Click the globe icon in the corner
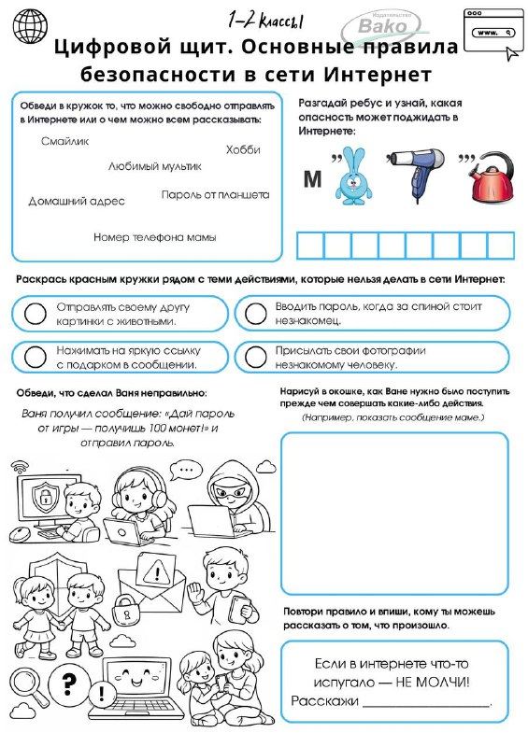pyautogui.click(x=31, y=26)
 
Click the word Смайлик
pyautogui.click(x=64, y=142)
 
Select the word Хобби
pyautogui.click(x=243, y=149)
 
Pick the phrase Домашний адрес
pyautogui.click(x=77, y=201)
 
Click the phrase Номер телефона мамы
pyautogui.click(x=155, y=237)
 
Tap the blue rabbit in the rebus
pyautogui.click(x=353, y=176)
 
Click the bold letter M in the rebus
pyautogui.click(x=312, y=179)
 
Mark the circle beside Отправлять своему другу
pyautogui.click(x=36, y=314)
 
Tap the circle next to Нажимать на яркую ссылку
pyautogui.click(x=36, y=357)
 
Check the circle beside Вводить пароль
pyautogui.click(x=256, y=313)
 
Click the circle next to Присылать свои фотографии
pyautogui.click(x=256, y=357)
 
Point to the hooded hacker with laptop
pyautogui.click(x=228, y=501)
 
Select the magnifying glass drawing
pyautogui.click(x=28, y=686)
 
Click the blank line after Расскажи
pyautogui.click(x=426, y=705)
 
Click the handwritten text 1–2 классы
pyautogui.click(x=265, y=20)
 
